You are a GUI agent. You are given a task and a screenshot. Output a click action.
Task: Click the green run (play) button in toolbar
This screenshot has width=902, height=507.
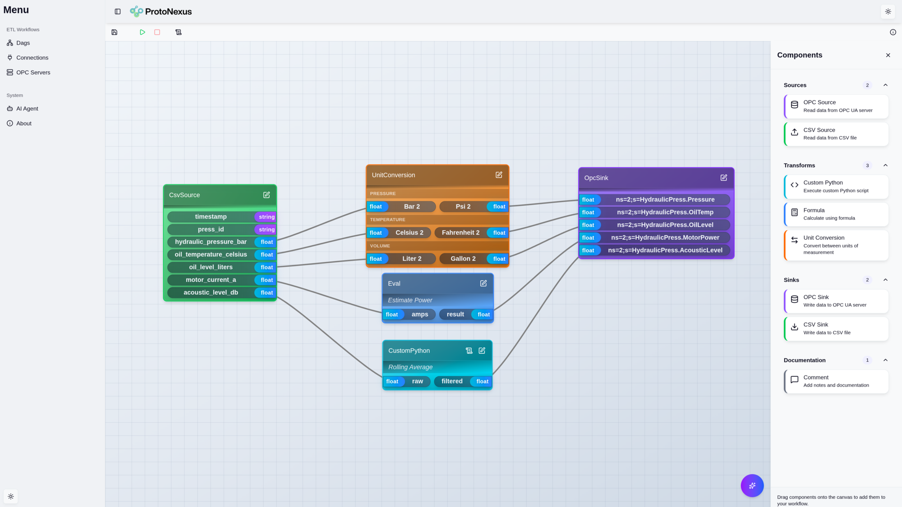pyautogui.click(x=142, y=32)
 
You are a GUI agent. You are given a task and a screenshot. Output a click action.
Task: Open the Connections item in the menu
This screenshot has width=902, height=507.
pyautogui.click(x=32, y=58)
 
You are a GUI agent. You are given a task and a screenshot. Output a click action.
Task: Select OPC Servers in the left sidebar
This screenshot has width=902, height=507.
pyautogui.click(x=33, y=73)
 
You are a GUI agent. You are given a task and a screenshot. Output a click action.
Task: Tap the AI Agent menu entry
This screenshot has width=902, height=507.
pyautogui.click(x=27, y=109)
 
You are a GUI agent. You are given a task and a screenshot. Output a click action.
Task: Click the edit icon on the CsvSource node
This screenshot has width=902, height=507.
pyautogui.click(x=267, y=195)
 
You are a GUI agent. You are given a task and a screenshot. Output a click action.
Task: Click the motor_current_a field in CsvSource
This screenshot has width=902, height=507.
pyautogui.click(x=211, y=280)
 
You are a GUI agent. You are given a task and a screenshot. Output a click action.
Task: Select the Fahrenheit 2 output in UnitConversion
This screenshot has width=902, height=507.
pyautogui.click(x=460, y=233)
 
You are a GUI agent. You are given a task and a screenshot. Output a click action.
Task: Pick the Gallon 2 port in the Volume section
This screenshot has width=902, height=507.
pyautogui.click(x=463, y=259)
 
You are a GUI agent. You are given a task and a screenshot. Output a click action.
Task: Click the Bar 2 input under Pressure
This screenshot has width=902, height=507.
pyautogui.click(x=411, y=207)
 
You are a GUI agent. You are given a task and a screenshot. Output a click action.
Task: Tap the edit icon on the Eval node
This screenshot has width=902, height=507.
pyautogui.click(x=483, y=283)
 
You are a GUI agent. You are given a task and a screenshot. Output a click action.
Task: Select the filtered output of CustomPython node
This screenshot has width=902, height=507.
pyautogui.click(x=452, y=381)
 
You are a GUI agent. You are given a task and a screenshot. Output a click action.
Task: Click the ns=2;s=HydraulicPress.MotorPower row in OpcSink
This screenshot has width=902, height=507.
pyautogui.click(x=665, y=238)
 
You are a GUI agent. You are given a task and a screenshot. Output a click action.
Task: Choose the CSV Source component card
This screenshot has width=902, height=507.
pyautogui.click(x=836, y=134)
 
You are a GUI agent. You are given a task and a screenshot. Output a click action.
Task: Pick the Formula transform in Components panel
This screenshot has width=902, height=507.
pyautogui.click(x=836, y=214)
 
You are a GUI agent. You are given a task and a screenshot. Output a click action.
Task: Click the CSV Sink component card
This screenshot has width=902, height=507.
pyautogui.click(x=836, y=329)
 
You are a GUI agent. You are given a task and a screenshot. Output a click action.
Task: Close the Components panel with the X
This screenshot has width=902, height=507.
pyautogui.click(x=888, y=55)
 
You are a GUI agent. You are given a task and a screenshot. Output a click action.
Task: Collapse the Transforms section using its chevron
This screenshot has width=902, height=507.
pyautogui.click(x=885, y=165)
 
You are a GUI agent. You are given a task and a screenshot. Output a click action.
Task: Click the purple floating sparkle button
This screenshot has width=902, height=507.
pyautogui.click(x=752, y=485)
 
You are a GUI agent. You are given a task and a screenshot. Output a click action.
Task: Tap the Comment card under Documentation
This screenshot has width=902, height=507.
pyautogui.click(x=836, y=381)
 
